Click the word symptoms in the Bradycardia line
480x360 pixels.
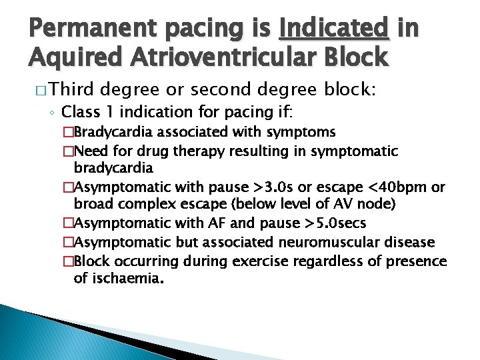point(304,133)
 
